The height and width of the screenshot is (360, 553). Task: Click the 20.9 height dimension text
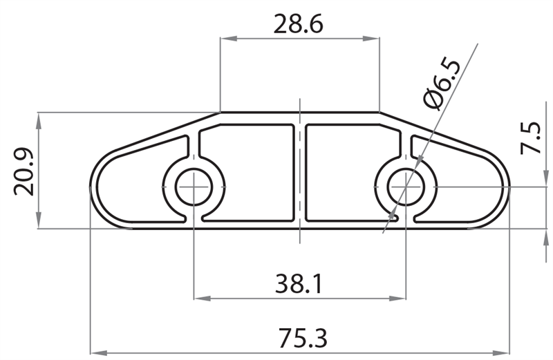coord(25,170)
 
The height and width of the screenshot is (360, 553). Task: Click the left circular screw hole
coord(194,186)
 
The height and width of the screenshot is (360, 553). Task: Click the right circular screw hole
coord(406,186)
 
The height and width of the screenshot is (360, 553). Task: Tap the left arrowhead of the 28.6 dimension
coord(225,39)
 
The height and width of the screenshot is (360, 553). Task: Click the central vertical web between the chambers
coord(300,173)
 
